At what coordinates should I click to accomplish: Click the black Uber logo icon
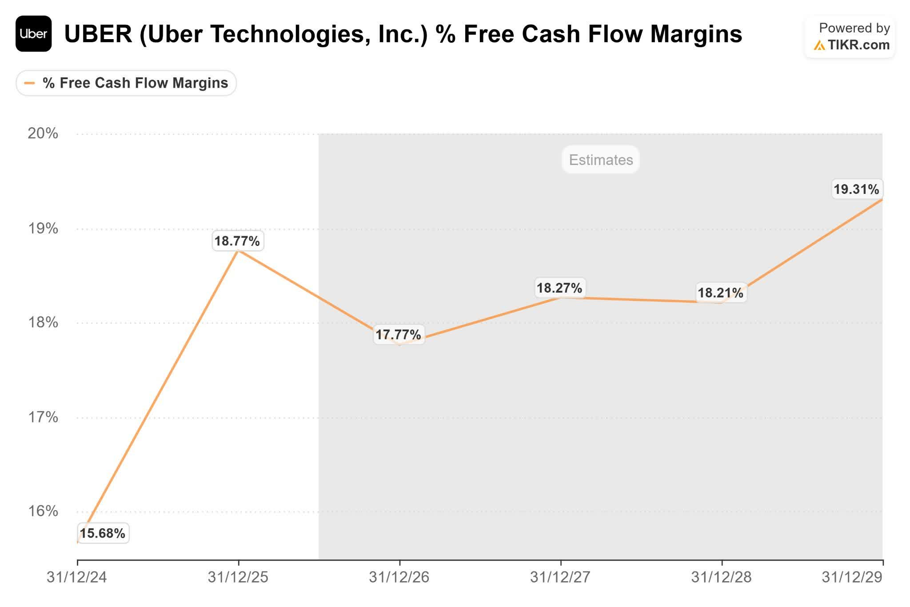[33, 34]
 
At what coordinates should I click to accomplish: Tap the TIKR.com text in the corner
[858, 45]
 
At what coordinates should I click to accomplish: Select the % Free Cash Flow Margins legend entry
[126, 83]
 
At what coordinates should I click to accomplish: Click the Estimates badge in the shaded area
[601, 160]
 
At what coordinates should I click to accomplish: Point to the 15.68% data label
[103, 533]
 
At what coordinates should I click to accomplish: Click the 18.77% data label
[237, 241]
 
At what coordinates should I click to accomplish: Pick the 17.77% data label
[398, 334]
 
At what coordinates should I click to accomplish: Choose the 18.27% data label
[559, 288]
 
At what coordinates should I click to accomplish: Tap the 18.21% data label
[720, 293]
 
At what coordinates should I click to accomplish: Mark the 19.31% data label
[856, 189]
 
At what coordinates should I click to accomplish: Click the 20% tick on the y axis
[43, 133]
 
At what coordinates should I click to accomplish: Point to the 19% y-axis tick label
[43, 229]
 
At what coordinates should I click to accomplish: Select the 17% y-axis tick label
[43, 417]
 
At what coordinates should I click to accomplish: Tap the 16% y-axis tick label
[43, 511]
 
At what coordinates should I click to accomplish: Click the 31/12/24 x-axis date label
[77, 577]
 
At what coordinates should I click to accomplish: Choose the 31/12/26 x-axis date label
[399, 577]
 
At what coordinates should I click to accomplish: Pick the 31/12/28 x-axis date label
[721, 577]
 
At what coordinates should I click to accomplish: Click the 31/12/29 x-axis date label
[852, 577]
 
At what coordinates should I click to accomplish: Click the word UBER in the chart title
[99, 34]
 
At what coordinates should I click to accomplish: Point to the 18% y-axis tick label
[43, 322]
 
